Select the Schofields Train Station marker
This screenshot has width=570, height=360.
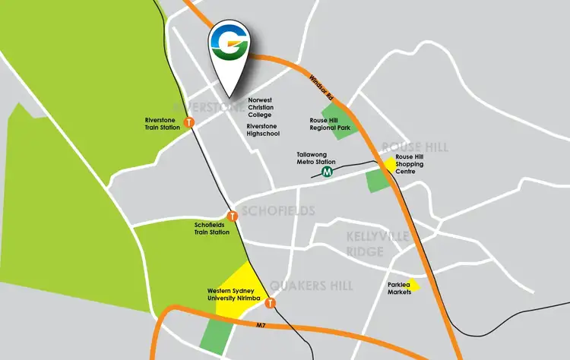click(233, 216)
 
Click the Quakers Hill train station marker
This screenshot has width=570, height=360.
click(270, 304)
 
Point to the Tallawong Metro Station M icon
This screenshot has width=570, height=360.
click(328, 172)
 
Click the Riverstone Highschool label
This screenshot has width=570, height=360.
click(263, 129)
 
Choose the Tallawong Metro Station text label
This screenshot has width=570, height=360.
click(316, 157)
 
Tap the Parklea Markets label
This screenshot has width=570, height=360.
click(399, 288)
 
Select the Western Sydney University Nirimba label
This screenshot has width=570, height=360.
click(234, 295)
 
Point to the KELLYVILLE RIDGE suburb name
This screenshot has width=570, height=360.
click(366, 245)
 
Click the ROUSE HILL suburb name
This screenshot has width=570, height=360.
click(415, 147)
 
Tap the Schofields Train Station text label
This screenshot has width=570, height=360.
click(212, 229)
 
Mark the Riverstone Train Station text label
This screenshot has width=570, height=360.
click(162, 124)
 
